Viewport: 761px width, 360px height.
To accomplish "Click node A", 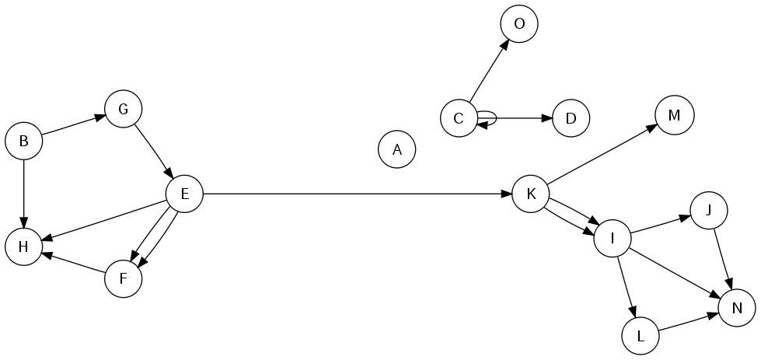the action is pyautogui.click(x=396, y=149).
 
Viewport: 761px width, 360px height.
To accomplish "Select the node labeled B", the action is pyautogui.click(x=24, y=141).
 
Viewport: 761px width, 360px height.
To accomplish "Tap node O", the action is pyautogui.click(x=518, y=24).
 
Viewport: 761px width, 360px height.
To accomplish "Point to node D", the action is pyautogui.click(x=571, y=118).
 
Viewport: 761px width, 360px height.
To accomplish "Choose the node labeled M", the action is pyautogui.click(x=674, y=115).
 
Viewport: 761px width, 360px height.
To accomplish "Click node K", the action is pyautogui.click(x=530, y=194).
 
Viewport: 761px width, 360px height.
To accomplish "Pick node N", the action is pyautogui.click(x=737, y=308).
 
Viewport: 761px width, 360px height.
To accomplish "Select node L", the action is pyautogui.click(x=641, y=336).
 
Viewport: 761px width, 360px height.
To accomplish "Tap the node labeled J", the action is pyautogui.click(x=708, y=210).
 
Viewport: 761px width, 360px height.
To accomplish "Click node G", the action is pyautogui.click(x=124, y=109).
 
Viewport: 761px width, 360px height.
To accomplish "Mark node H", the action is pyautogui.click(x=24, y=246).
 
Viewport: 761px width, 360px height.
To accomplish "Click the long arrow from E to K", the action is pyautogui.click(x=358, y=194).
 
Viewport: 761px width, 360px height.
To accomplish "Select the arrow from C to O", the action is pyautogui.click(x=489, y=70).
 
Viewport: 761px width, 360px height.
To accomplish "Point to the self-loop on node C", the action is pyautogui.click(x=495, y=118).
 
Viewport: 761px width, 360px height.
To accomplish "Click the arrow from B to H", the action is pyautogui.click(x=24, y=194).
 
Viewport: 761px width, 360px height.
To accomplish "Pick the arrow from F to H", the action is pyautogui.click(x=74, y=263).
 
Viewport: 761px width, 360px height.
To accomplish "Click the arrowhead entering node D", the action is pyautogui.click(x=546, y=118).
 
